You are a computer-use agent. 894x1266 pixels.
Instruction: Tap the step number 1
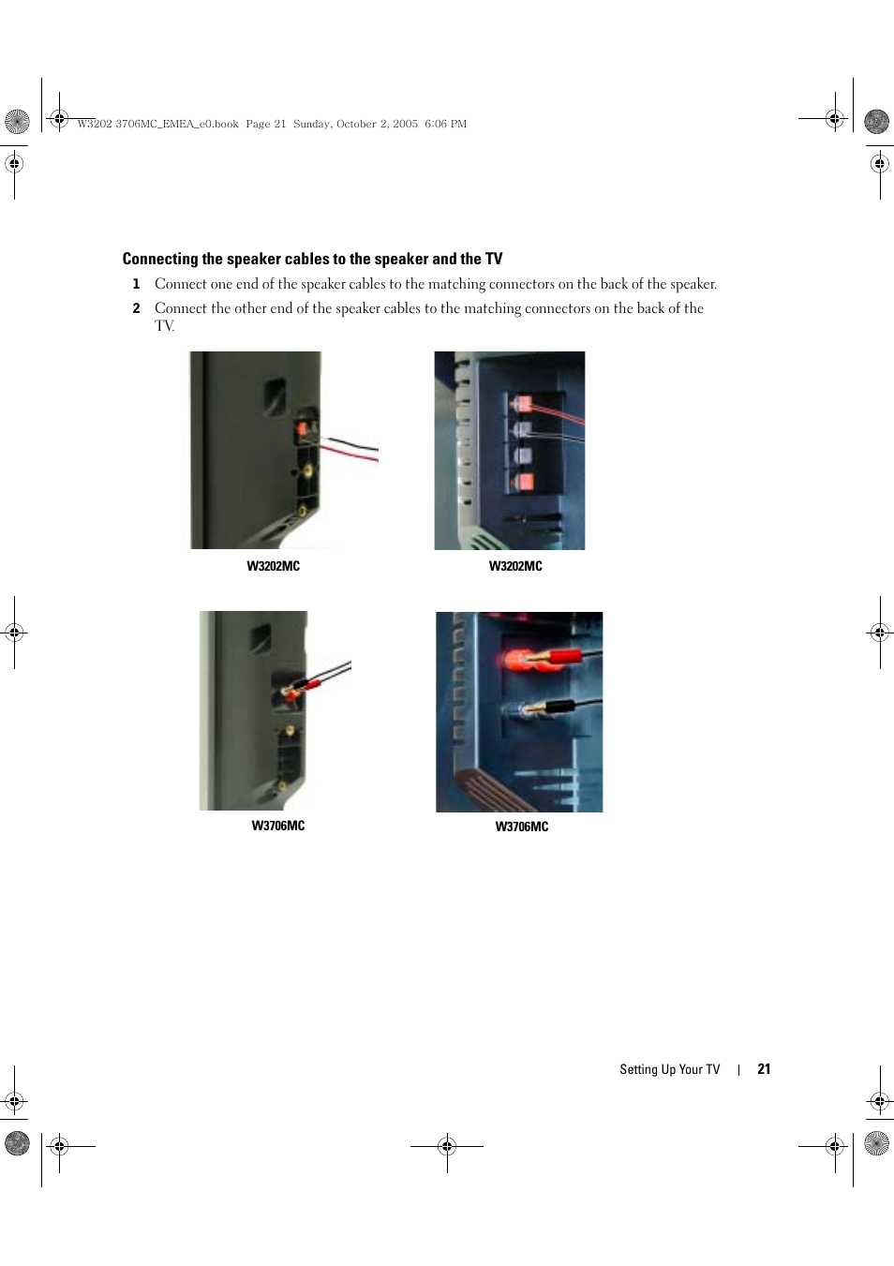[x=136, y=284]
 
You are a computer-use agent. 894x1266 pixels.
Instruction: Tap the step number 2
[x=136, y=308]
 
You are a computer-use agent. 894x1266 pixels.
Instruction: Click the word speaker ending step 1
[x=693, y=284]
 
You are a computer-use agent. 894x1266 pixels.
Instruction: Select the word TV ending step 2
[x=164, y=326]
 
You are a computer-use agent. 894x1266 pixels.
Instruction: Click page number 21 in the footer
[x=764, y=1069]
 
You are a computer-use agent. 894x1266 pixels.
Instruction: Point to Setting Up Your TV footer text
[x=670, y=1069]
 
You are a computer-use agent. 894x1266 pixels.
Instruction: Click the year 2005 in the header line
[x=405, y=124]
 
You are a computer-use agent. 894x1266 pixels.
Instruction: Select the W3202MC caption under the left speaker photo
[x=273, y=566]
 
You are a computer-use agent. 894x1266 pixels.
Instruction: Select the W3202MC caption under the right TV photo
[x=515, y=566]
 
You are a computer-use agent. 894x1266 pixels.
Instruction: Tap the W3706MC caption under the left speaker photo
[x=278, y=826]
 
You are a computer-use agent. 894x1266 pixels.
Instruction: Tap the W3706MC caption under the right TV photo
[x=522, y=827]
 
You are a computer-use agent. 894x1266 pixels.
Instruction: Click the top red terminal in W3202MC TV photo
[x=523, y=404]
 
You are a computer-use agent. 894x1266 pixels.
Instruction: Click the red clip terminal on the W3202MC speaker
[x=303, y=429]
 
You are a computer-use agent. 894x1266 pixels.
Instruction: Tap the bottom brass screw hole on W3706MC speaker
[x=283, y=785]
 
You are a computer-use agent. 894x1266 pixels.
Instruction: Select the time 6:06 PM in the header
[x=446, y=124]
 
